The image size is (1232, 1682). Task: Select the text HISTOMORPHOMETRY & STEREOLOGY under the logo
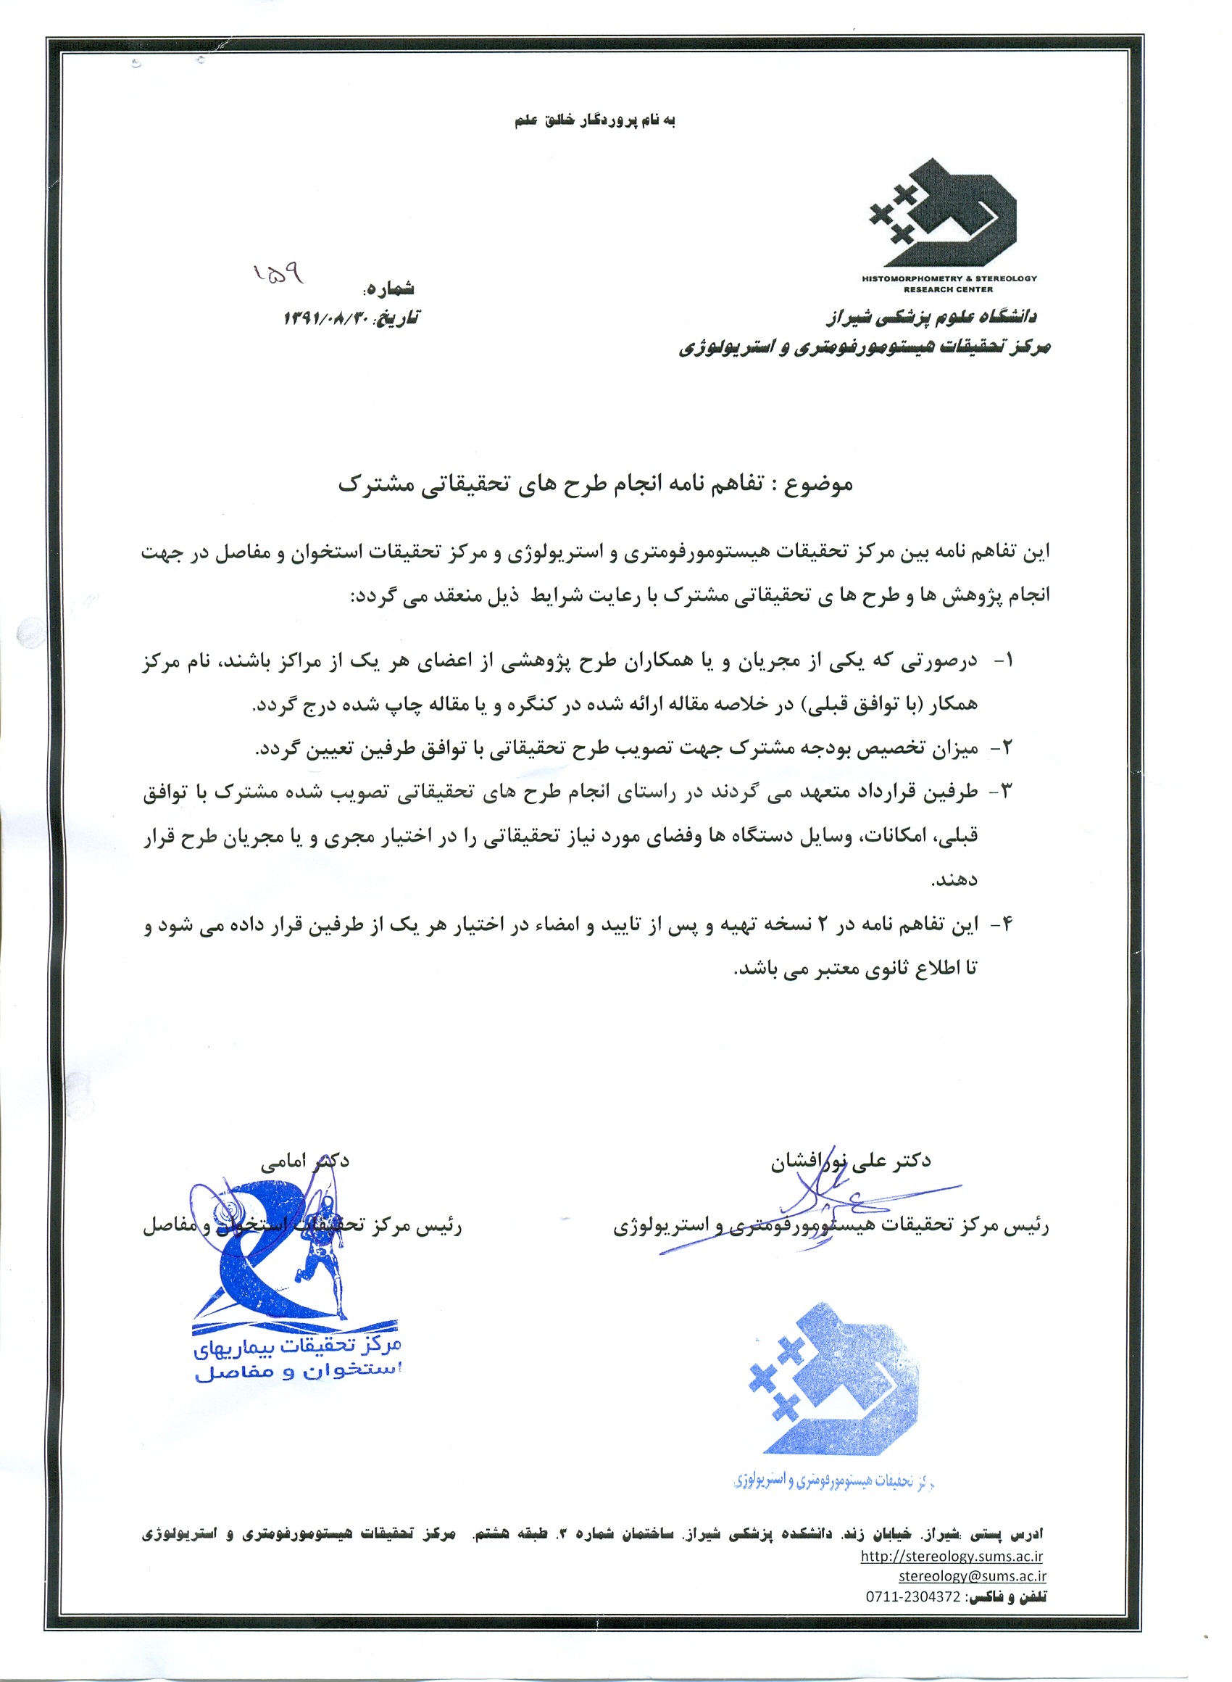[x=949, y=278]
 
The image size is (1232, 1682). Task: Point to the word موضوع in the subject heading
[x=820, y=484]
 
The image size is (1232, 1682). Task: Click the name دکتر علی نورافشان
[x=851, y=1161]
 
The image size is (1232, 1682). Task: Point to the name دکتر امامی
[x=304, y=1161]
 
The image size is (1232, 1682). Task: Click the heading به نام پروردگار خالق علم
[x=594, y=121]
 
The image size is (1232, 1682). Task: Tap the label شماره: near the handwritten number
[x=389, y=289]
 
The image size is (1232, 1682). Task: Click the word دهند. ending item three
[x=954, y=881]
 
